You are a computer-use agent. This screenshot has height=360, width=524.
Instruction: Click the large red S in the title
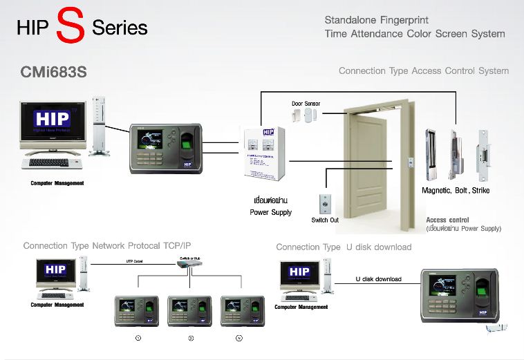pos(71,26)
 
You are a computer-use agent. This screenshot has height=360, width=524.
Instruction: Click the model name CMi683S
pos(55,72)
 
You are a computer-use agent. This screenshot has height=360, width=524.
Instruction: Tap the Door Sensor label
pos(306,104)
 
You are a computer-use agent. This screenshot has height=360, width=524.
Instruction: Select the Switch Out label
pos(325,220)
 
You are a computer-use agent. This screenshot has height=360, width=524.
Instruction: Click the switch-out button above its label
pos(324,205)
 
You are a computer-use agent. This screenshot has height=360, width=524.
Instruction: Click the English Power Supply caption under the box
pos(270,212)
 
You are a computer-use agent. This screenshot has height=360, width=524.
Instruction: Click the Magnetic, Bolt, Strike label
pos(456,190)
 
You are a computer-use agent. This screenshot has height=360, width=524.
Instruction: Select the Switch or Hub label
pos(189,259)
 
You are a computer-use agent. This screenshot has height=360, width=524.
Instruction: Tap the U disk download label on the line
pos(378,279)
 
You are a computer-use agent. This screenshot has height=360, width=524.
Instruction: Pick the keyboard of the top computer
pos(51,163)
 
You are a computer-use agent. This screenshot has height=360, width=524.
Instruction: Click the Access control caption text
pos(447,220)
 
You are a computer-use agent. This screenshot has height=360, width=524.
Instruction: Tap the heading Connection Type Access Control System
pos(423,71)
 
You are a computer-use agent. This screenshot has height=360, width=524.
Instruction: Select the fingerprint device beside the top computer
pos(167,149)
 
